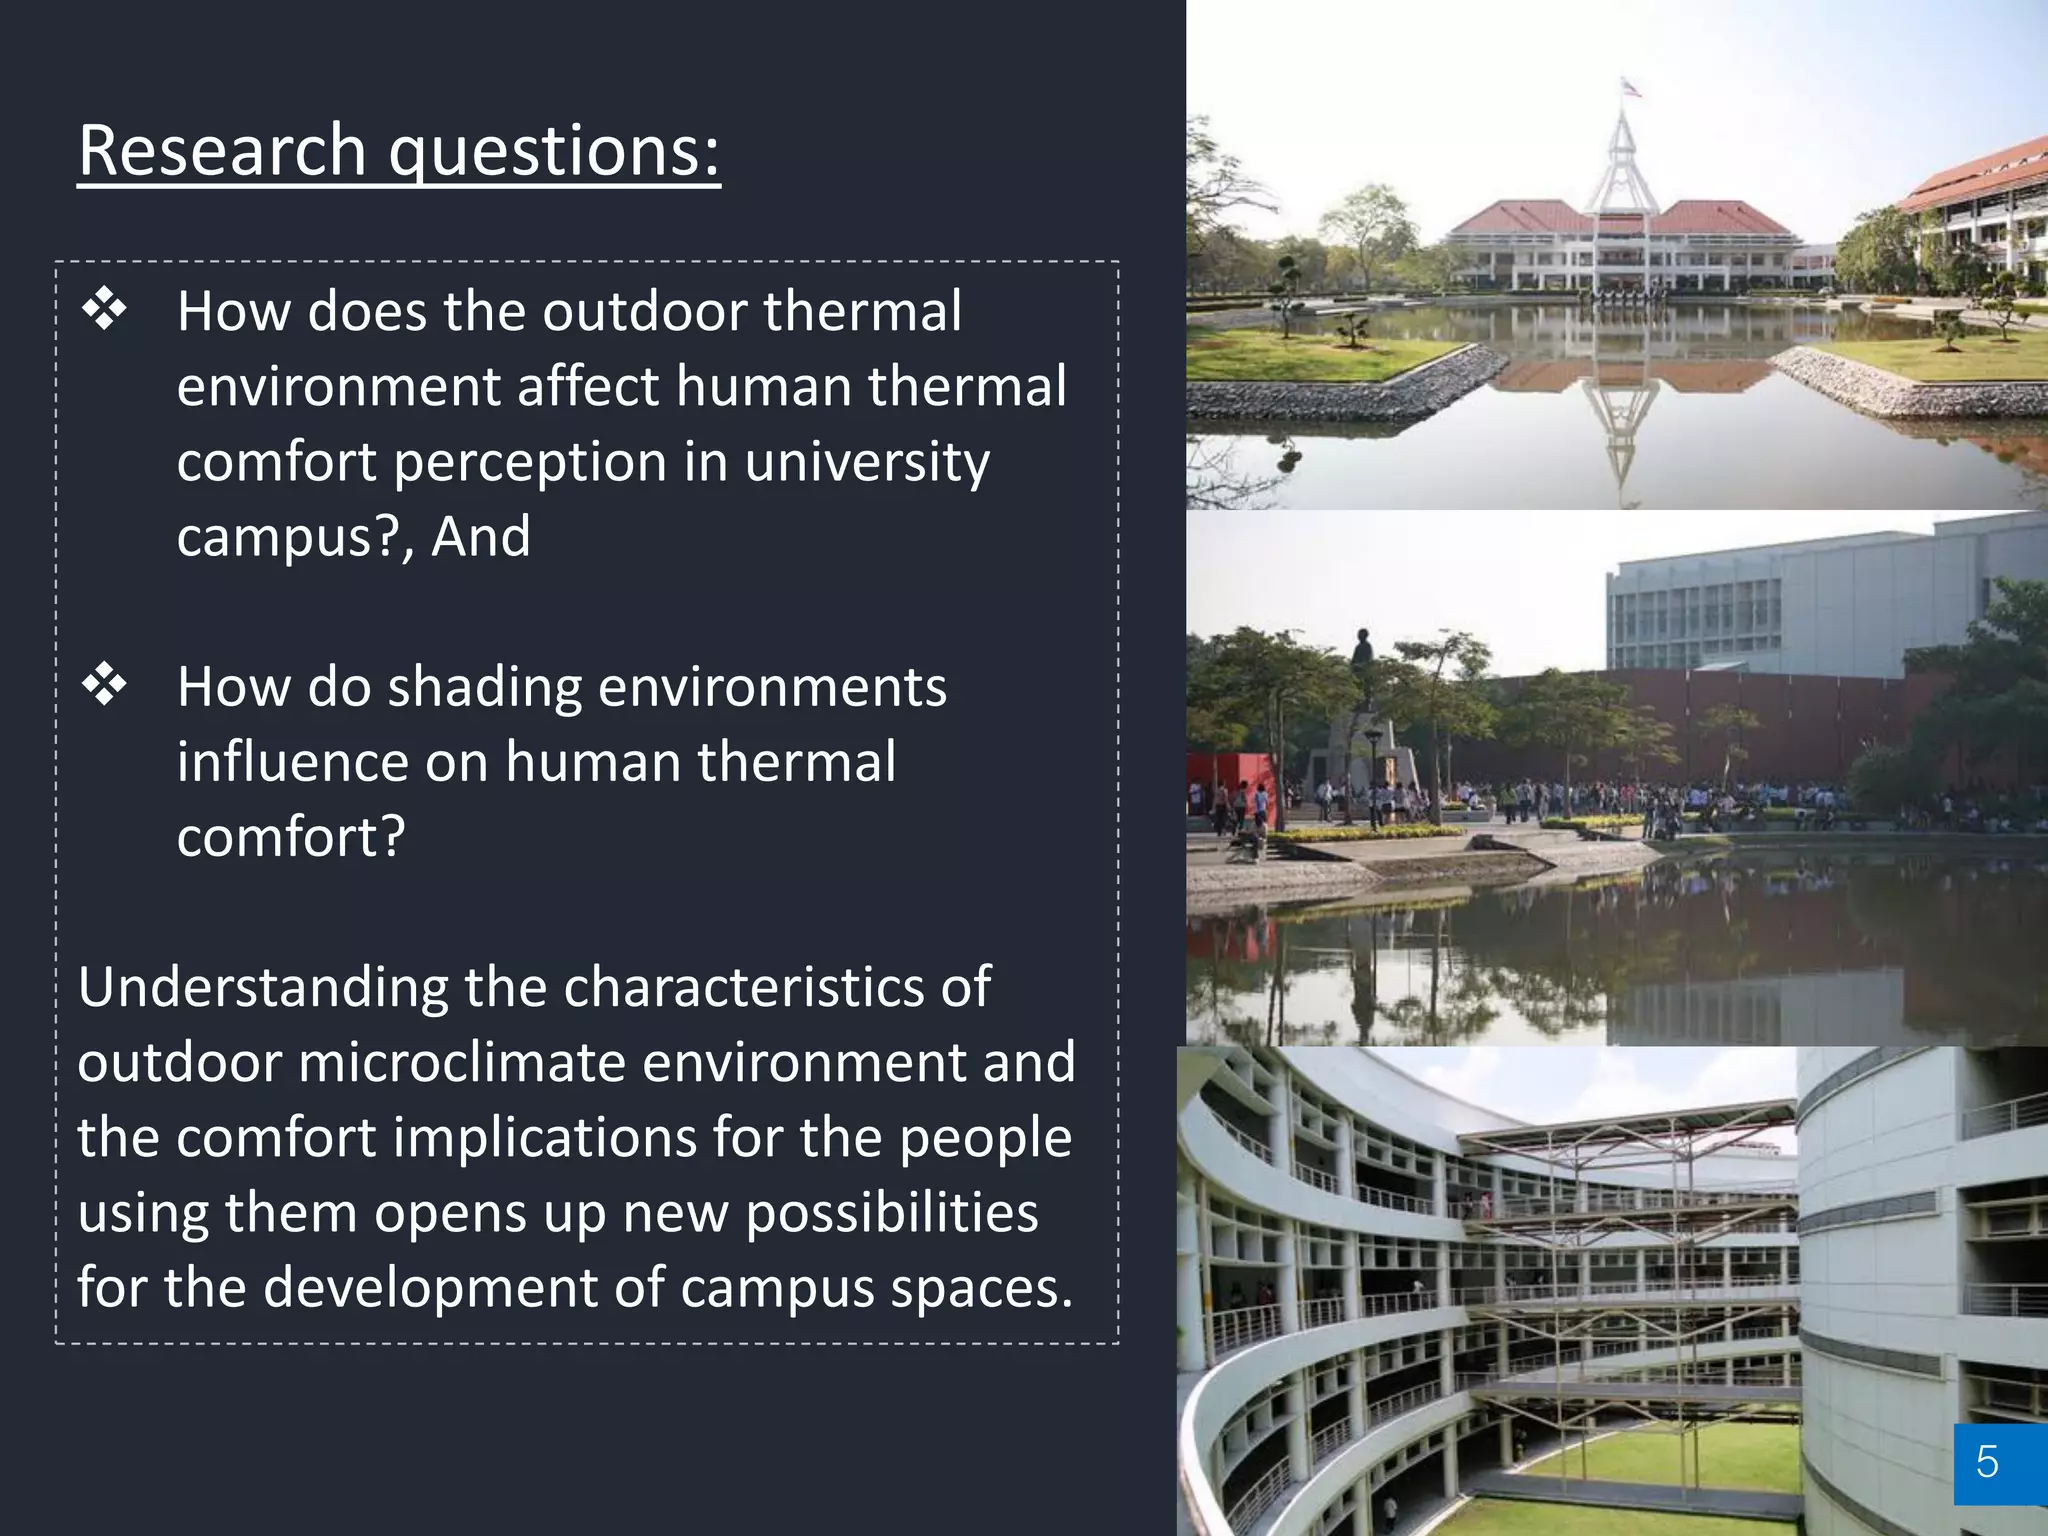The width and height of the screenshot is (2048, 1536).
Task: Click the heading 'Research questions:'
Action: click(399, 150)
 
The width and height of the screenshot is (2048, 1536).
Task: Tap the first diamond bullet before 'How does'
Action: click(104, 309)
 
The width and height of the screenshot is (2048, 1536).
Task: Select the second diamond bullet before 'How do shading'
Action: click(104, 685)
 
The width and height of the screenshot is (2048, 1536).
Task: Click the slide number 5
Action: click(1987, 1462)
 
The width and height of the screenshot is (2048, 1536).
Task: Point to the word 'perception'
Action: click(530, 462)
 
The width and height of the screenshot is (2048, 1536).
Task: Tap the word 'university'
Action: click(867, 462)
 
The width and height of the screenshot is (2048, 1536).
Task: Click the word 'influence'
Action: click(293, 762)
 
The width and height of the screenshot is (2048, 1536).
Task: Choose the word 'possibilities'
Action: click(892, 1212)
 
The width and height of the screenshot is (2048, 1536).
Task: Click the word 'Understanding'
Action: click(263, 988)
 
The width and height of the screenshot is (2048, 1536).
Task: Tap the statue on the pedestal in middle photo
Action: click(1361, 660)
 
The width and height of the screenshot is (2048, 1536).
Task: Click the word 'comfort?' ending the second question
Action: click(291, 837)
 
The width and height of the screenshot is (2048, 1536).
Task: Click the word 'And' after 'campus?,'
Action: click(481, 537)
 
